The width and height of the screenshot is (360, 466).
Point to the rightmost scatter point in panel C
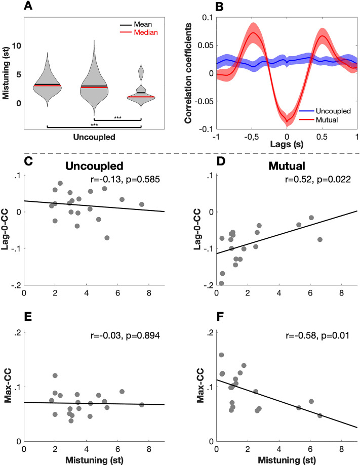pos(142,204)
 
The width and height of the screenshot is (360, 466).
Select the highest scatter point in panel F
pos(221,355)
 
